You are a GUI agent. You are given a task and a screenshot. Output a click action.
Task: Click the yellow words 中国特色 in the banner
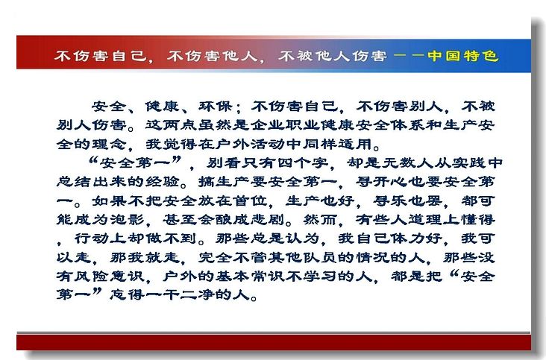[463, 56]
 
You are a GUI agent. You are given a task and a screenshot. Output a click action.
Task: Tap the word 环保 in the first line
[216, 107]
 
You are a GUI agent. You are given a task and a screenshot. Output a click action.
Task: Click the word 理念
[109, 144]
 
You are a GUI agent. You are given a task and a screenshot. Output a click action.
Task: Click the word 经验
[163, 182]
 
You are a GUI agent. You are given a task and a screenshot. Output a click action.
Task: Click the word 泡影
[127, 219]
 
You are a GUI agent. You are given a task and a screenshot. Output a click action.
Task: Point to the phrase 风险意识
[109, 277]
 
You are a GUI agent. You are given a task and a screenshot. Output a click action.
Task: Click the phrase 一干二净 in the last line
[180, 295]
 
